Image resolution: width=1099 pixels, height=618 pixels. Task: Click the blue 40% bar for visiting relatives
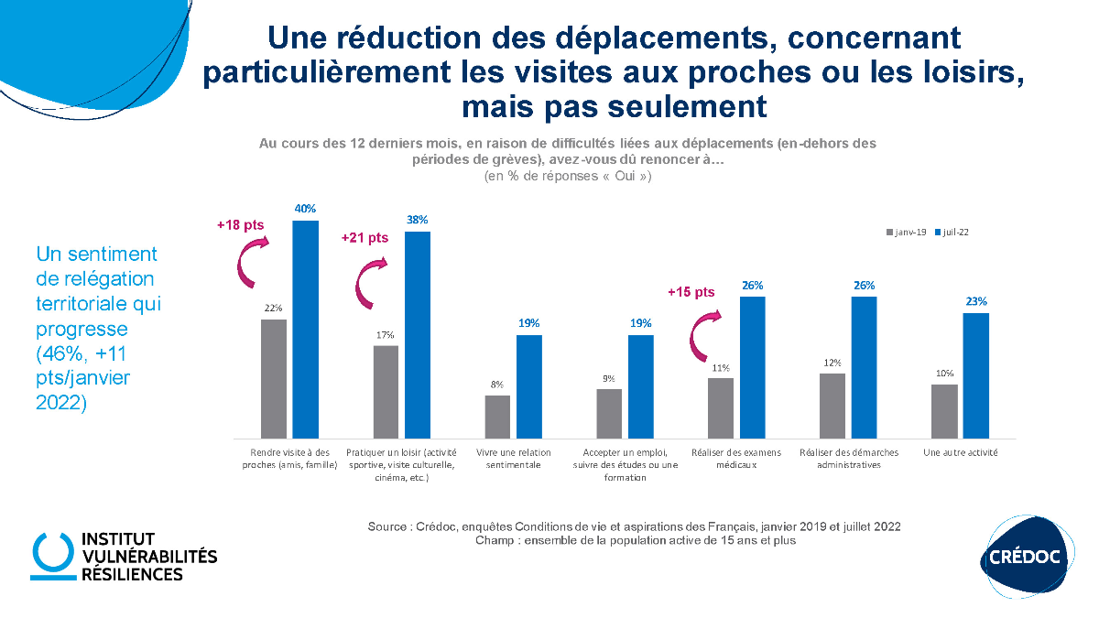point(306,329)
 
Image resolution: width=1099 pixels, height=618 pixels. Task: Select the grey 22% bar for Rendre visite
point(274,378)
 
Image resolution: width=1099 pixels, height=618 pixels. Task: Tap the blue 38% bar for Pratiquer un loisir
point(418,334)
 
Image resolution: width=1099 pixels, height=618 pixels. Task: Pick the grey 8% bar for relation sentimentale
point(497,416)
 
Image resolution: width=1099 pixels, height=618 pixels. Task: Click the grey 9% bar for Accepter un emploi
point(609,413)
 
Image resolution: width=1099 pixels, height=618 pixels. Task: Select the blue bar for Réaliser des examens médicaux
point(752,366)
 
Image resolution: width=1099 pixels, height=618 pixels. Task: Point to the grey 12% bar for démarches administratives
point(832,405)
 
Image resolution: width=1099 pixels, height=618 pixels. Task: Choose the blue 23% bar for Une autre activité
point(975,374)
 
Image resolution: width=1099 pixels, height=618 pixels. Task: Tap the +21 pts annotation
point(365,237)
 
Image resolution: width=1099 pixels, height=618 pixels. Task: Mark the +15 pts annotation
point(691,292)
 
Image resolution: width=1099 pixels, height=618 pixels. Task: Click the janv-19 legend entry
point(908,233)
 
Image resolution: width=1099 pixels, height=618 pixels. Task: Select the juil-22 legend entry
point(952,233)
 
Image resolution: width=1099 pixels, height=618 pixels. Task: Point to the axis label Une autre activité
point(961,452)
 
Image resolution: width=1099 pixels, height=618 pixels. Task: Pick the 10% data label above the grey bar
point(945,374)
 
